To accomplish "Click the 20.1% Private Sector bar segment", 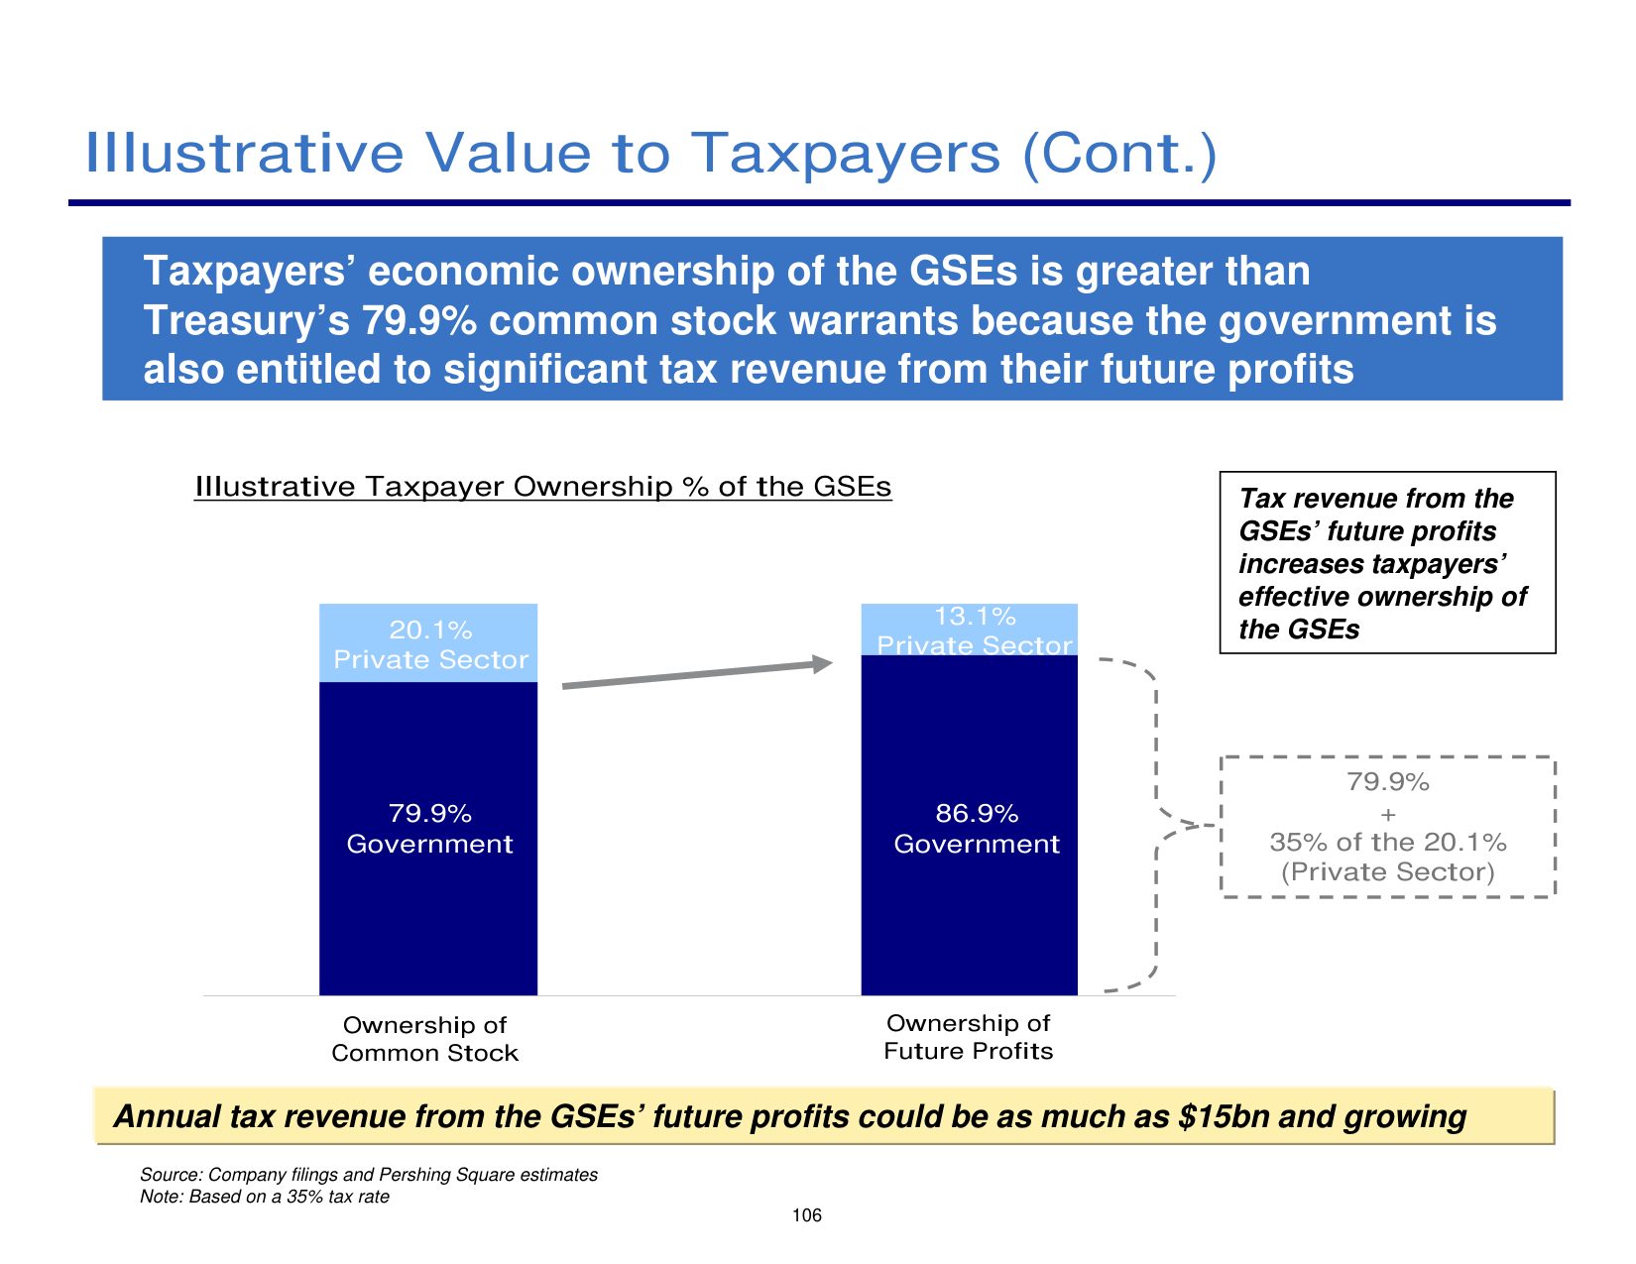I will [428, 643].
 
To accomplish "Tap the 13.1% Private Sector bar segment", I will [970, 630].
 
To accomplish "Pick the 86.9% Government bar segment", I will [970, 829].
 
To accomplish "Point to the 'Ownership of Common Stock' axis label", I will [424, 1039].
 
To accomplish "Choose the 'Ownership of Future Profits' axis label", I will [968, 1037].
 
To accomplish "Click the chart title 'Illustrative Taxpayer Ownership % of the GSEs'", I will [542, 487].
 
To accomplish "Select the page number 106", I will [807, 1215].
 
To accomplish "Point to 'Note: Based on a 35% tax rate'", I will [265, 1197].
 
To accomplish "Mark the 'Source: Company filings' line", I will [369, 1175].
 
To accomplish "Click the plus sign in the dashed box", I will [1387, 815].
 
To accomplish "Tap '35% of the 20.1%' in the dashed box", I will [1387, 843].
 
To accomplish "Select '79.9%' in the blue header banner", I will [420, 321].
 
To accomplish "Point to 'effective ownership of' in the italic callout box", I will [1382, 597].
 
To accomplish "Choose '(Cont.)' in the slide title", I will [1118, 154].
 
